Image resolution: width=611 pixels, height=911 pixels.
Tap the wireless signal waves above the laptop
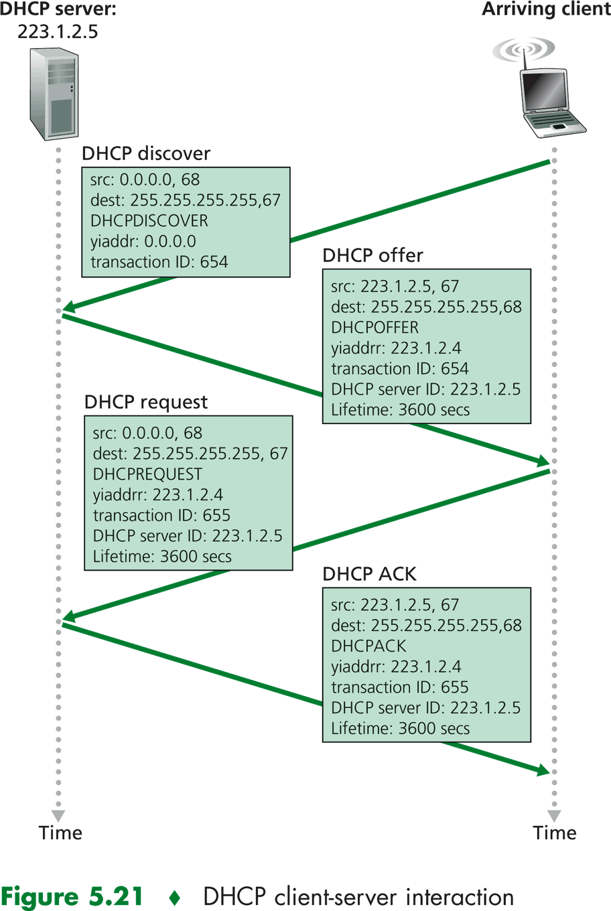[524, 50]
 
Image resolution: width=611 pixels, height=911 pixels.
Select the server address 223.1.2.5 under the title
[58, 31]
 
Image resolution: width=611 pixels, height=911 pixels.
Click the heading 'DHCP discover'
[146, 153]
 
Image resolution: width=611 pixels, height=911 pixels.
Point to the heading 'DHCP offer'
[372, 255]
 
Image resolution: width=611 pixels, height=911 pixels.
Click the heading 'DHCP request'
[146, 402]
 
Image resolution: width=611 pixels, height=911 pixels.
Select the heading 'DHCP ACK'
[369, 574]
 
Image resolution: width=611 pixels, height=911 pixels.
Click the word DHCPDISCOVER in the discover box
[149, 220]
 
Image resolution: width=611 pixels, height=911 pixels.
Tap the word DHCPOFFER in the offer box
[375, 328]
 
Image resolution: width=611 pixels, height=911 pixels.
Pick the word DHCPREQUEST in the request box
[147, 474]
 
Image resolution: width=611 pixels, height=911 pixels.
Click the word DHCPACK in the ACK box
[368, 646]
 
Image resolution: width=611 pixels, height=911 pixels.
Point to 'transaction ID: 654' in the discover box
[159, 262]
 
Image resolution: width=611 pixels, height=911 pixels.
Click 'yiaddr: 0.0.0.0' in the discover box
[143, 241]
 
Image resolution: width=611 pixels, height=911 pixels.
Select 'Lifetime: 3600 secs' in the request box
[162, 557]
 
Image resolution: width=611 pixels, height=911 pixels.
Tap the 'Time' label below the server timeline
[60, 833]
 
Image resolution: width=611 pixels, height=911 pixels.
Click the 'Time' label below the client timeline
[555, 833]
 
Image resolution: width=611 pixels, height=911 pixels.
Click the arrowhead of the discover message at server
[69, 307]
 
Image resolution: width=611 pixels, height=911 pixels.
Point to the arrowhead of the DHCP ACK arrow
[543, 770]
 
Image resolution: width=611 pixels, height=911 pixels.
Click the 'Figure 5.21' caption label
[72, 896]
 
